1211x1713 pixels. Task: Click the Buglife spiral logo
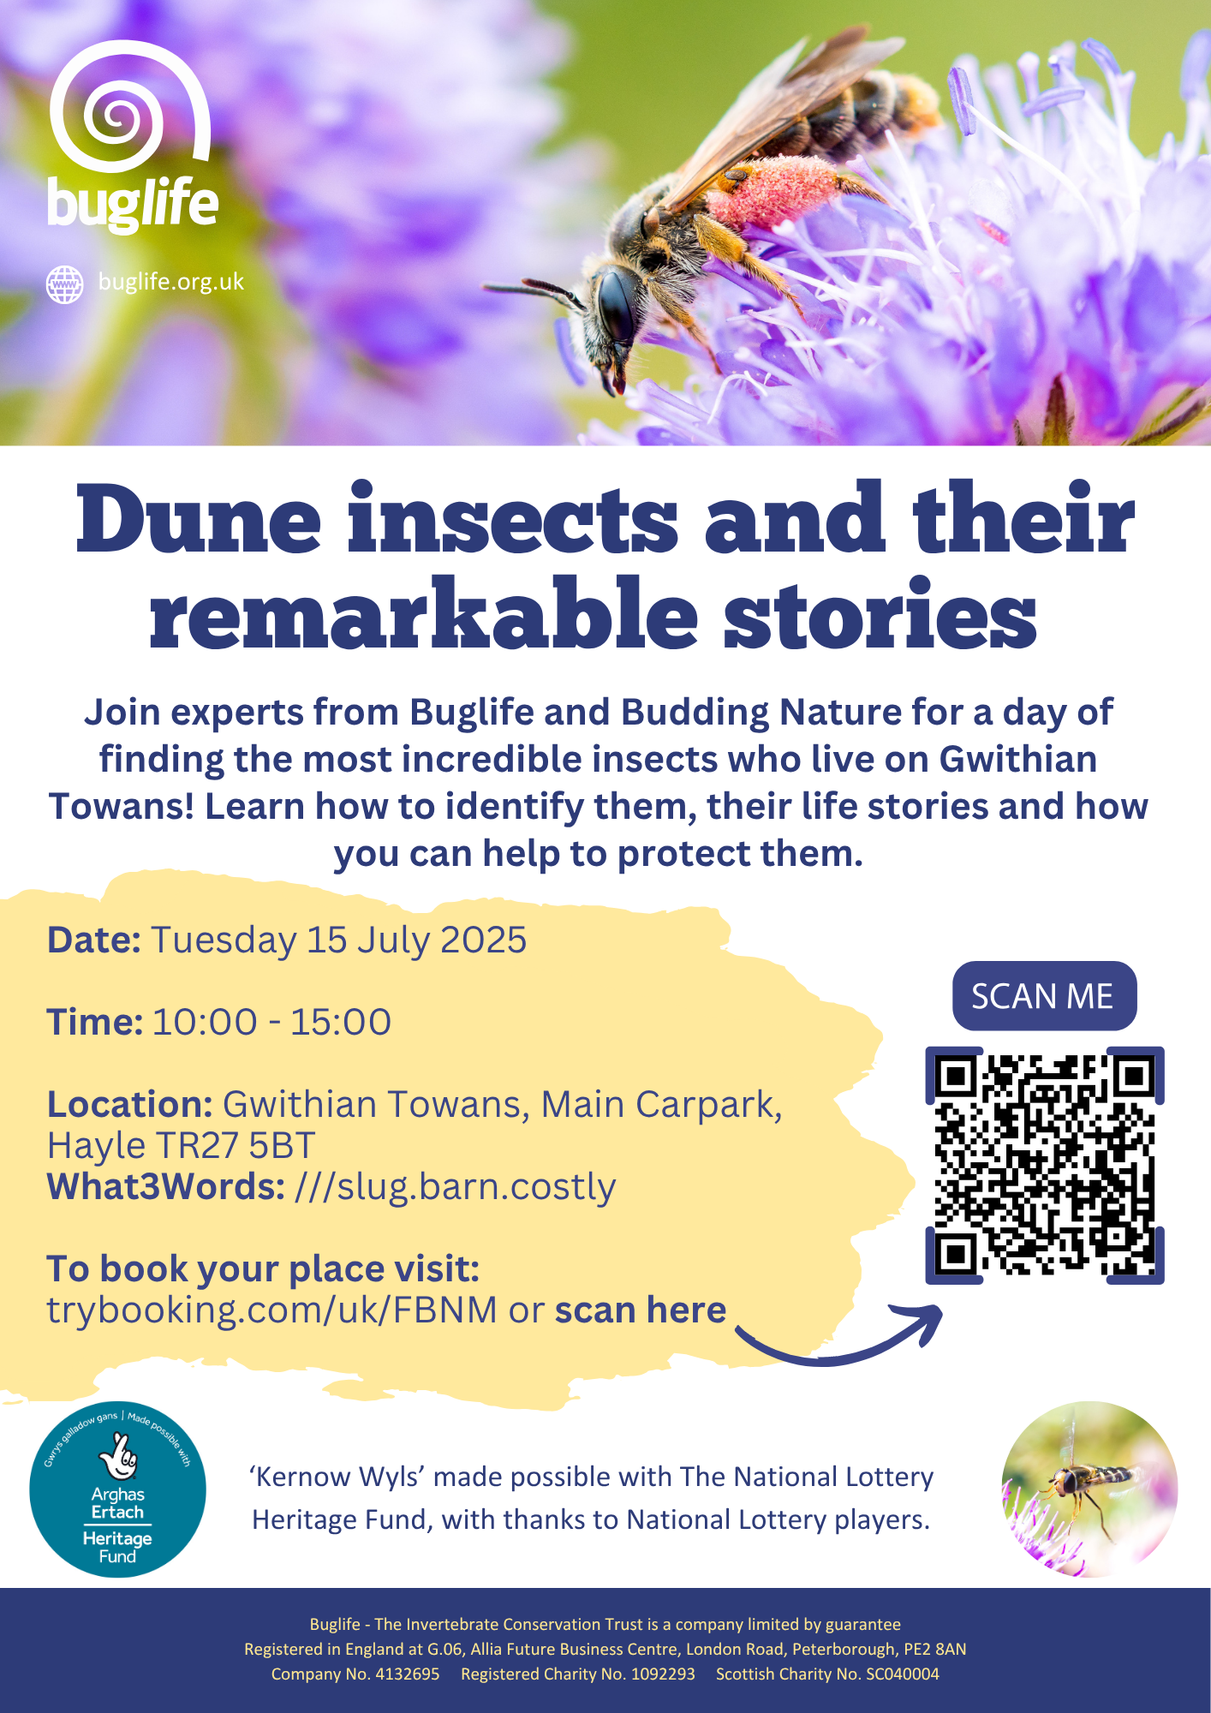click(128, 107)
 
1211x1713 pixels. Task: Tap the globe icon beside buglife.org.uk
click(65, 284)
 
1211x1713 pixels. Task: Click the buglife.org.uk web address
click(171, 282)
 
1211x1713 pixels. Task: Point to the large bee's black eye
click(616, 302)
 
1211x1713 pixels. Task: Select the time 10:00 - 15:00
click(271, 1022)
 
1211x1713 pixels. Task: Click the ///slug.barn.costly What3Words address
click(455, 1187)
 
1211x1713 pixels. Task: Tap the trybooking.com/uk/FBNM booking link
click(271, 1310)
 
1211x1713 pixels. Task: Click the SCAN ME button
click(1044, 996)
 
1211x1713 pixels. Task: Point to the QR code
click(1044, 1165)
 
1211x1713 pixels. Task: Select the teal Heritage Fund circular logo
click(118, 1489)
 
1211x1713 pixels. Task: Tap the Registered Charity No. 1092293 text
click(578, 1674)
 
